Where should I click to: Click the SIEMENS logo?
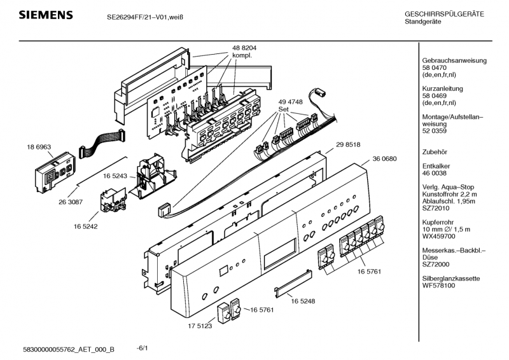(x=39, y=15)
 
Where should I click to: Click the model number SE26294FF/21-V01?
(x=137, y=18)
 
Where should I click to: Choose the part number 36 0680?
(x=384, y=158)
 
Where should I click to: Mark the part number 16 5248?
(x=303, y=300)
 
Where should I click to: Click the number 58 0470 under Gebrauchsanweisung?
(x=436, y=67)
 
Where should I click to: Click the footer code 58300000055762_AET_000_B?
(x=68, y=350)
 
